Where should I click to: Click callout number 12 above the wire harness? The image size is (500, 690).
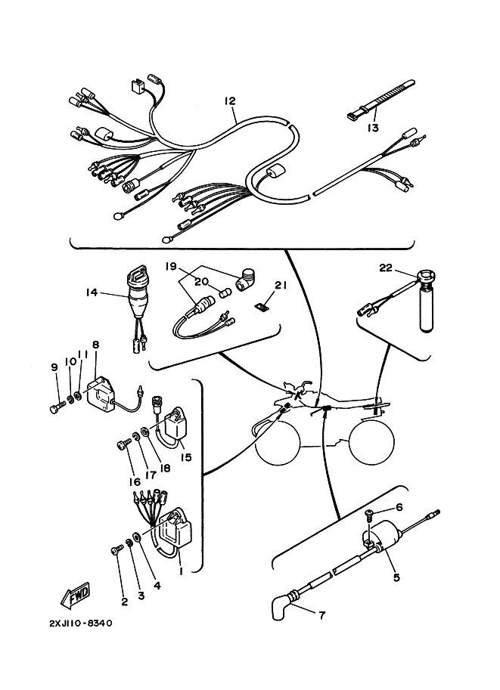point(230,101)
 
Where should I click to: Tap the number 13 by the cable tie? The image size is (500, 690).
point(372,128)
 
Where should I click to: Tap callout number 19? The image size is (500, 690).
point(170,267)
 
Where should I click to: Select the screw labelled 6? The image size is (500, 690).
point(368,515)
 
